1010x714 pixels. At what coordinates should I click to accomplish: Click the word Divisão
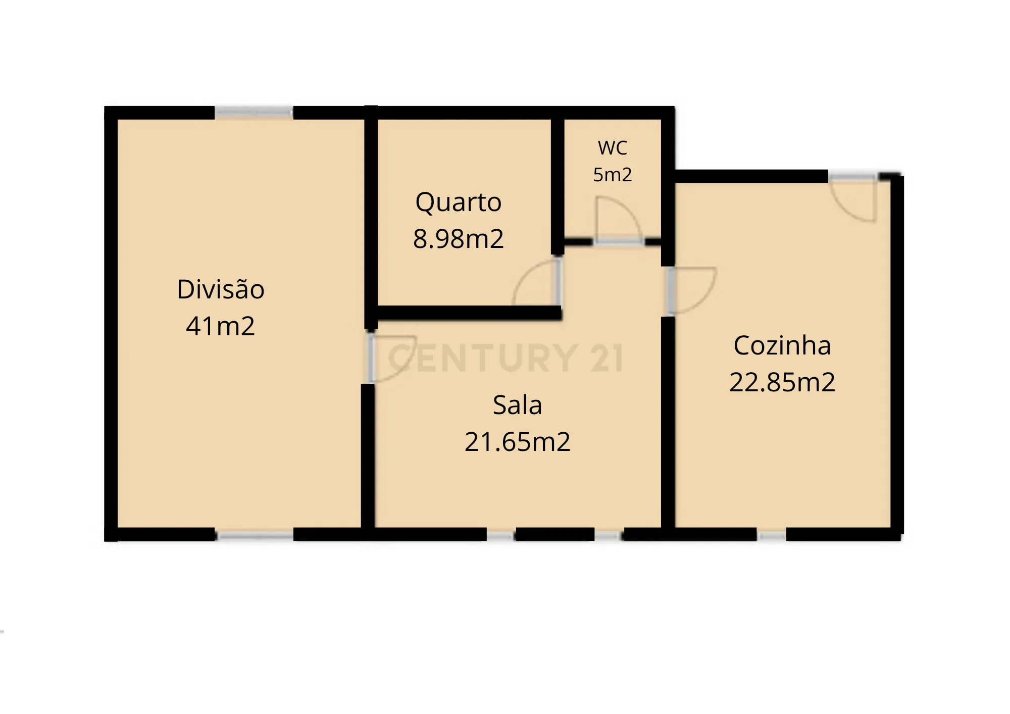221,289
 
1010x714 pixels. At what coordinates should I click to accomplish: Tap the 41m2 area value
220,326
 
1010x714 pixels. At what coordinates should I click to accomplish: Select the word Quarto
458,202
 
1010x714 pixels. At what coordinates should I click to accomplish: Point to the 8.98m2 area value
458,239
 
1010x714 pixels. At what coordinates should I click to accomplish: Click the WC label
612,148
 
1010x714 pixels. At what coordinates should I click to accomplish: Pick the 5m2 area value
612,175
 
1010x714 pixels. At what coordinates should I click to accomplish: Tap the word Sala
517,405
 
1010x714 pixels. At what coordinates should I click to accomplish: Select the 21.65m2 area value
517,442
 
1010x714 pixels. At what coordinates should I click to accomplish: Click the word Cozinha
782,346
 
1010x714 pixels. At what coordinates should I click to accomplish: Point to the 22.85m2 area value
782,382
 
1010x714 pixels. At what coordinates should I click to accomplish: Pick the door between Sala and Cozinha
690,290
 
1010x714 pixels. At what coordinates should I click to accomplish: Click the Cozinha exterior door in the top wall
853,199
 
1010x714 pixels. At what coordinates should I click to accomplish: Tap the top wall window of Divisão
254,112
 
